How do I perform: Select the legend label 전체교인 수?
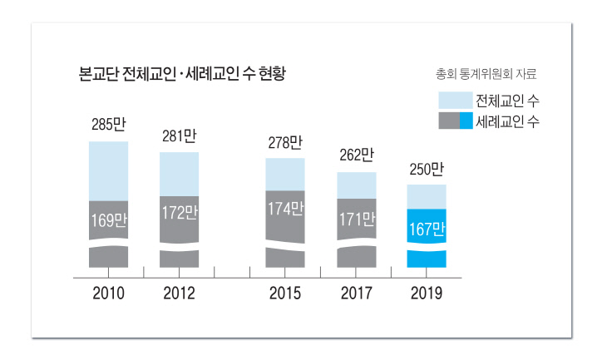tap(511, 101)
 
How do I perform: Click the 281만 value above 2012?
tap(180, 136)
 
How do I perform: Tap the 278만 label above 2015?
tap(285, 142)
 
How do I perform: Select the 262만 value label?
tap(357, 155)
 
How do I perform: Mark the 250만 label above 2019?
tap(427, 170)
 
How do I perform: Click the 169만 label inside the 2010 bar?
tap(109, 222)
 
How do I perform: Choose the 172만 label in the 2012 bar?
tap(180, 213)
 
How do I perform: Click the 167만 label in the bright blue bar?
tap(427, 227)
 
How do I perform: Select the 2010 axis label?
tap(109, 293)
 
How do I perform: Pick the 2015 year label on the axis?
tap(285, 293)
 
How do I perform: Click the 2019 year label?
tap(427, 293)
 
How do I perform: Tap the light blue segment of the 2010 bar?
tap(109, 170)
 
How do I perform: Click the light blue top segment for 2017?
tap(357, 185)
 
